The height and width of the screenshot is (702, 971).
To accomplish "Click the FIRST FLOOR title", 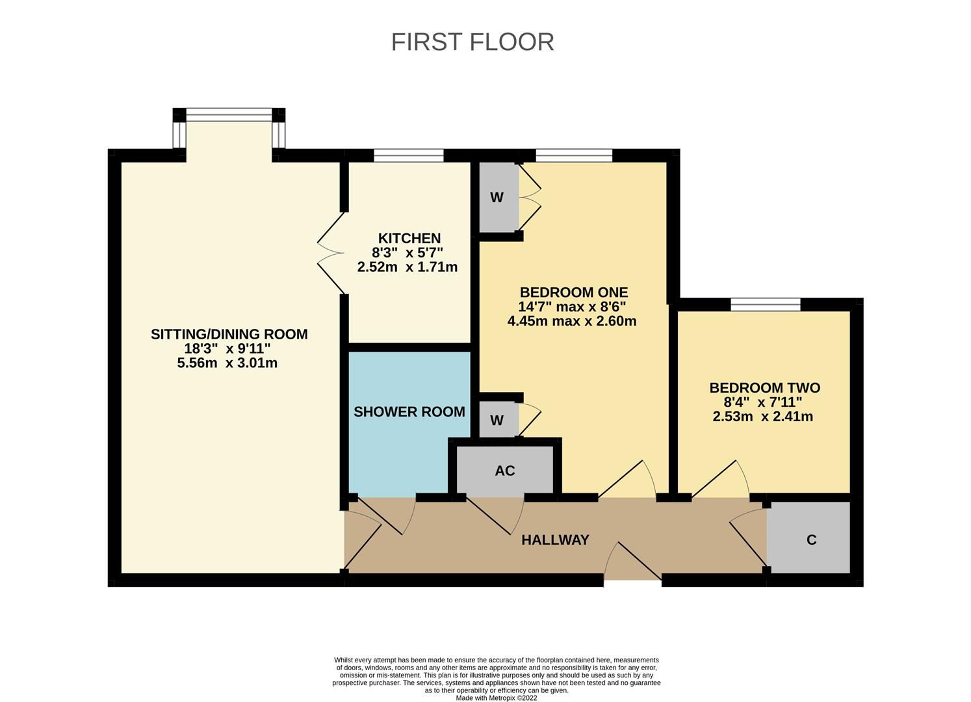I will click(473, 42).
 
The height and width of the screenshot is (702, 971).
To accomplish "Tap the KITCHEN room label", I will click(409, 239).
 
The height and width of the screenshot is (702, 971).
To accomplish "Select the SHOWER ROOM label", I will click(409, 411).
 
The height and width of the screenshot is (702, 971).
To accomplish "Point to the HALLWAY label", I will click(555, 539).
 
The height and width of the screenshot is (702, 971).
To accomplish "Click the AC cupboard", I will click(505, 470).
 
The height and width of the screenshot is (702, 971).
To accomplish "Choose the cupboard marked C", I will click(810, 539).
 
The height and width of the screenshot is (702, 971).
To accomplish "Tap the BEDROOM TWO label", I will click(764, 388).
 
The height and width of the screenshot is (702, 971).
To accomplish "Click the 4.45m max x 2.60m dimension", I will click(572, 321).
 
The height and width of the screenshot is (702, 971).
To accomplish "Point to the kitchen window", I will click(409, 155).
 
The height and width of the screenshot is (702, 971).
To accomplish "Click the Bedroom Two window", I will click(765, 304).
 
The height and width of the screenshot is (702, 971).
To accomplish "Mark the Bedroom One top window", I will click(574, 155).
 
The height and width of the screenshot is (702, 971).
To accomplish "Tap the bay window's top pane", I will click(229, 115).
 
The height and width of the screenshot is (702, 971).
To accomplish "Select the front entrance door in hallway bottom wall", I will click(633, 563).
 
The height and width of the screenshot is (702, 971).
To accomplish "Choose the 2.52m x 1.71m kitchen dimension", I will click(408, 267).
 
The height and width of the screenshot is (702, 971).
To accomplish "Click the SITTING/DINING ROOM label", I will click(229, 334).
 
